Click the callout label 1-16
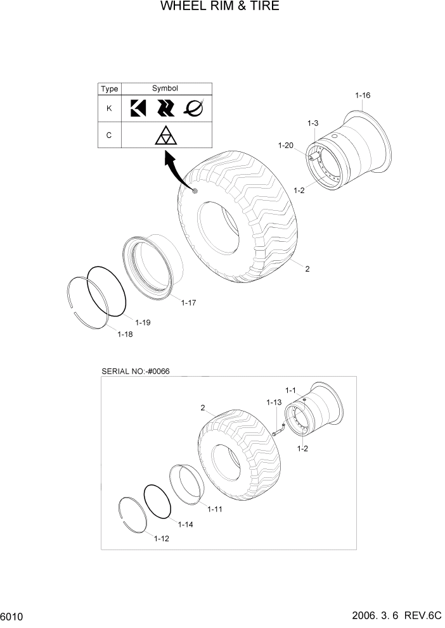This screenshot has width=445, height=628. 363,96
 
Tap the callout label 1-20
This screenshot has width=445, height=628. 285,146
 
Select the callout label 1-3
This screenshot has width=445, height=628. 313,123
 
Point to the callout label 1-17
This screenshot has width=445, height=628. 188,303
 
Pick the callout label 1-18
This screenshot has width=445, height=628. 125,334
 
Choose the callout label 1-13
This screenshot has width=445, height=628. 274,403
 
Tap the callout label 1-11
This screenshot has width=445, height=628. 214,508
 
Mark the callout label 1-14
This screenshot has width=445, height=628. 185,524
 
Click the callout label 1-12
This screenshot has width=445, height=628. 162,539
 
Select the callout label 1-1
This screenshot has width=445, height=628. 291,390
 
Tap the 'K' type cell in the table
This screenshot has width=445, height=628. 109,108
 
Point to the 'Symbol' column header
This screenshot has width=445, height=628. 165,89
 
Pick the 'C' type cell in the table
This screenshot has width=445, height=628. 109,135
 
